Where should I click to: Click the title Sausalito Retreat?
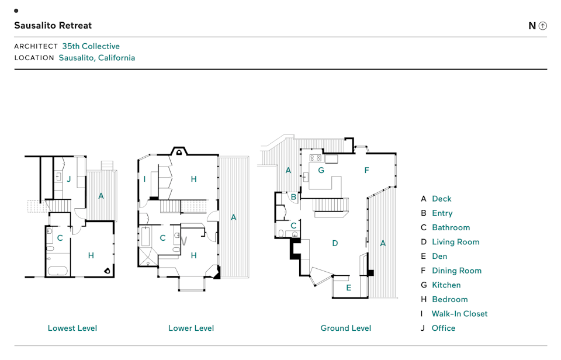coord(53,26)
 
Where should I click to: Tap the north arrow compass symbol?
coord(543,26)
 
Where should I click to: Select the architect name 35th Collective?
coord(91,46)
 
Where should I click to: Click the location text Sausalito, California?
coord(96,58)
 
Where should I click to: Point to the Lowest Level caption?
coord(72,328)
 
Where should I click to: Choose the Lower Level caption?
coord(191,328)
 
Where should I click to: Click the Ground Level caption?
coord(345,328)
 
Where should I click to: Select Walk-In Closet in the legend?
coord(459,314)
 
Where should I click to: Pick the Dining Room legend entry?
coord(456,271)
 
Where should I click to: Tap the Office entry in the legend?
coord(443,328)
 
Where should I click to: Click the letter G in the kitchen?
coord(321,171)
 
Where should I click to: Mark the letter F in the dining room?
coord(366,171)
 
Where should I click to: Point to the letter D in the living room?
coord(335,243)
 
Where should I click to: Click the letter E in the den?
coord(348,288)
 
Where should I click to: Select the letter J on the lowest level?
coord(68,179)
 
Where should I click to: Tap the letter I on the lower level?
coord(144,179)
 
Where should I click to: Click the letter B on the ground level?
coord(293,197)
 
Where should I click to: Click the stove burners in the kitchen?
coord(315,158)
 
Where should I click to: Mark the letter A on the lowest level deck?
coord(101,196)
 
